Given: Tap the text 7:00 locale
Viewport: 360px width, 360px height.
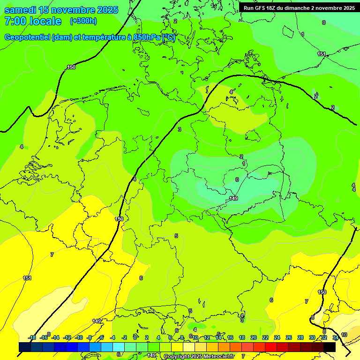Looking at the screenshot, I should (x=32, y=21).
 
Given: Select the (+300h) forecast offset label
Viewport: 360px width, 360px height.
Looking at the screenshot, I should (x=83, y=21).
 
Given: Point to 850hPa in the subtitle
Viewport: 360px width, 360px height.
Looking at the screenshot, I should (x=147, y=37).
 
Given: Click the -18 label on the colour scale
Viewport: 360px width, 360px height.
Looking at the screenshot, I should (x=32, y=337).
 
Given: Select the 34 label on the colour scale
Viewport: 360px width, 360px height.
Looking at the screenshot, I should (x=335, y=337).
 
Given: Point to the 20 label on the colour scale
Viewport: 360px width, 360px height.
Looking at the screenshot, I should (x=254, y=337).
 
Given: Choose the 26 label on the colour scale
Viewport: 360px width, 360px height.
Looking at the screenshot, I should (x=289, y=337).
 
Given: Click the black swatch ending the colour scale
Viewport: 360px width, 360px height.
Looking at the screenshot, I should (x=330, y=347).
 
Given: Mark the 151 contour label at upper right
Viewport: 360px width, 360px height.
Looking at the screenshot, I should (x=321, y=54).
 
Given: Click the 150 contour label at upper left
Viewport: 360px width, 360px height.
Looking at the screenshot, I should (x=71, y=67).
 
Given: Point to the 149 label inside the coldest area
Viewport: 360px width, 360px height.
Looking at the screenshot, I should (x=233, y=199).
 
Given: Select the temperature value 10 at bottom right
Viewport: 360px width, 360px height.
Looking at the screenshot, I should (x=344, y=335).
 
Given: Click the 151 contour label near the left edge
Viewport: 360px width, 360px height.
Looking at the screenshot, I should (x=27, y=278).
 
